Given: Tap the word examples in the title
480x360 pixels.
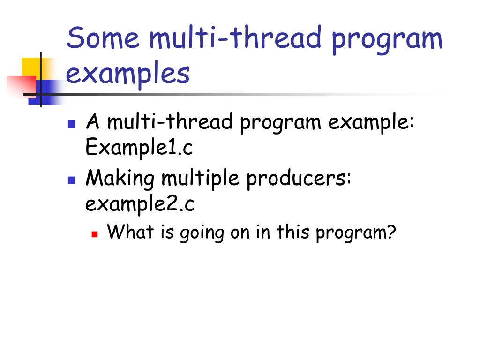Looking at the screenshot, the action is [x=128, y=74].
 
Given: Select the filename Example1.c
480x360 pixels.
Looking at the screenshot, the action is [x=139, y=147].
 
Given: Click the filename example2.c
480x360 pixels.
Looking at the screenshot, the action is [x=140, y=204].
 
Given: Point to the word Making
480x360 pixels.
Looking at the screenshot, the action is [x=120, y=179].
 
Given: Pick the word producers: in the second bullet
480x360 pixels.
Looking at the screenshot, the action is [x=299, y=179].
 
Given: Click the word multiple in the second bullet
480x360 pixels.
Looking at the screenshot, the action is [x=201, y=179].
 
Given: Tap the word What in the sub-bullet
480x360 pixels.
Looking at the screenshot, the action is [x=130, y=232].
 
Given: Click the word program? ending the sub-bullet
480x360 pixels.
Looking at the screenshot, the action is [x=356, y=233].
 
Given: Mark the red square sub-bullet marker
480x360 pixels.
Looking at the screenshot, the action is [x=95, y=234].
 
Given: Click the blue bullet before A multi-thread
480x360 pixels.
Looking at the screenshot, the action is [x=72, y=123].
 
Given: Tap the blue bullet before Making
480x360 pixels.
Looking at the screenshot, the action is [x=72, y=180].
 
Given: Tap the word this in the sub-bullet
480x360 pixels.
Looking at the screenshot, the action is [x=293, y=232].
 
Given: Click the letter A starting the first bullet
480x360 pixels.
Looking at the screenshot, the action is [x=93, y=121].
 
